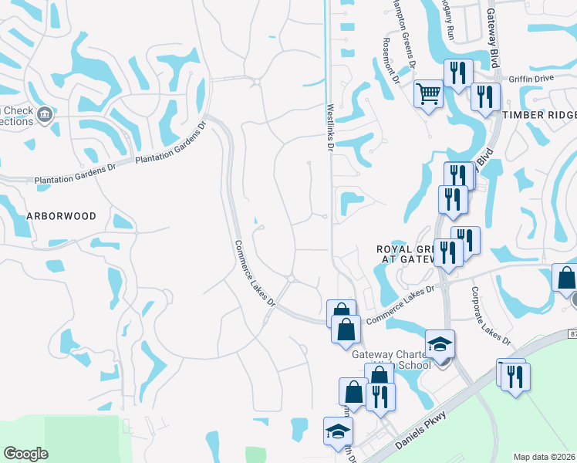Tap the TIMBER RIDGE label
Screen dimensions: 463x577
click(539, 114)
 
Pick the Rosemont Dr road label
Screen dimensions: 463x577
click(390, 62)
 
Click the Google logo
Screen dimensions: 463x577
click(25, 454)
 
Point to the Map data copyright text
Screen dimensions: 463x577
click(545, 457)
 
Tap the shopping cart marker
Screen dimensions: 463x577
click(428, 95)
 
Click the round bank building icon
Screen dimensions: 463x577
click(45, 115)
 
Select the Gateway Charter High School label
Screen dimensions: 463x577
click(391, 359)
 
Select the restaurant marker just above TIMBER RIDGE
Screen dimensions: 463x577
click(485, 97)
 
